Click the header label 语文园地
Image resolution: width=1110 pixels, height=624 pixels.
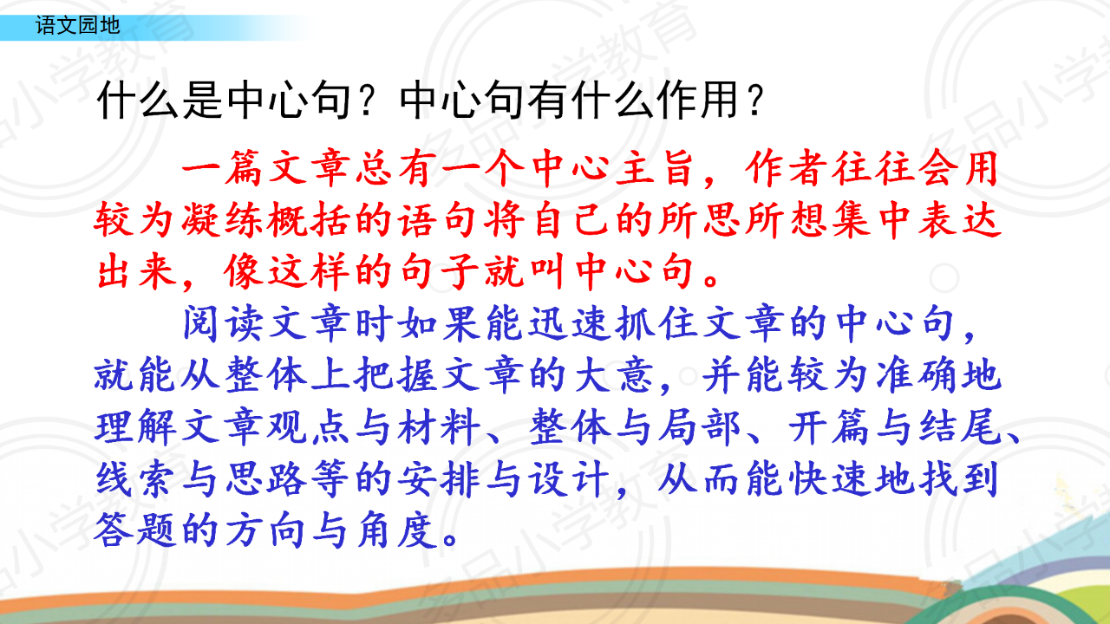(78, 25)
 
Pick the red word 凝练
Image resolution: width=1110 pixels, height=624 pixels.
(223, 220)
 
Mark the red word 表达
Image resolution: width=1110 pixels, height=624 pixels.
(960, 220)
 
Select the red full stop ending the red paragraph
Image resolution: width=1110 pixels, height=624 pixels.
(712, 280)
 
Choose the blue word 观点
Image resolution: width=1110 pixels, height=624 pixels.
(310, 427)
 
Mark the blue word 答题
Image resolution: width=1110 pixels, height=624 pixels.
(136, 530)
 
